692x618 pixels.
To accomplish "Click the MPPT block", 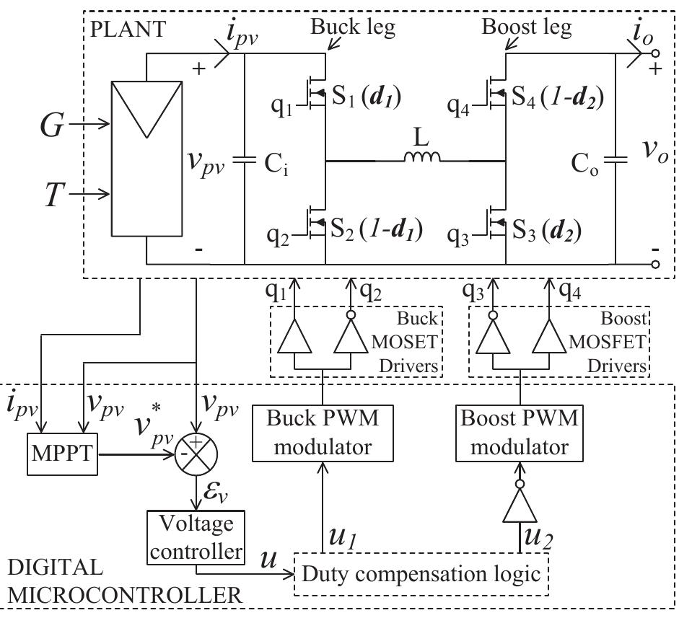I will pos(61,454).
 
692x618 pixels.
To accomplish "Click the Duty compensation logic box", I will pos(422,574).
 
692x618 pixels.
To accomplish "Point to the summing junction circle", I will pos(196,455).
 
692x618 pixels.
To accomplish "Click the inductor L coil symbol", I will pos(422,156).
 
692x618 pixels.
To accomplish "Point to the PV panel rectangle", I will pos(146,162).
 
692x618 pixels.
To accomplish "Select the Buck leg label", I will pos(345,28).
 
